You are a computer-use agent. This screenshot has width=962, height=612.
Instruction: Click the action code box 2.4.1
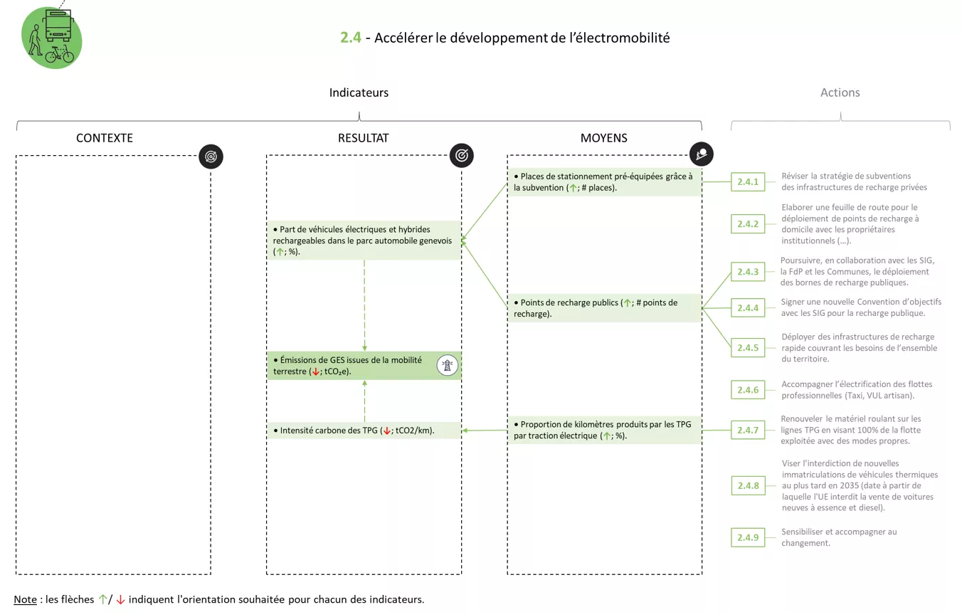point(748,182)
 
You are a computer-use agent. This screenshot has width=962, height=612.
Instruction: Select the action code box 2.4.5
point(748,348)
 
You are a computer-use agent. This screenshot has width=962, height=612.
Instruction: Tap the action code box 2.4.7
point(748,431)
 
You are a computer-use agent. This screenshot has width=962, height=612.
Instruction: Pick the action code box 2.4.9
point(748,537)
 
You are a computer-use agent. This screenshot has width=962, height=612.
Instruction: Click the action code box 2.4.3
point(748,272)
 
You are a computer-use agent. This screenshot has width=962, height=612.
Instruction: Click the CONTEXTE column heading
point(105,138)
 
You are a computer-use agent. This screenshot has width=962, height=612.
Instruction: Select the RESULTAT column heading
point(363,138)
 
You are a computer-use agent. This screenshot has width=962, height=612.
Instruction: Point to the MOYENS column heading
point(603,138)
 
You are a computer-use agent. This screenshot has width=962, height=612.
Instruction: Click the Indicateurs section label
point(359,93)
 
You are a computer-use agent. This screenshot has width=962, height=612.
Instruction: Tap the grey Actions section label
point(840,93)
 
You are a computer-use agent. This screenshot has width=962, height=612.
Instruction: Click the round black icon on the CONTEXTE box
point(211,157)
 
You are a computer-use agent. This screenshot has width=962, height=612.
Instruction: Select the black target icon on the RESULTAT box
point(462,156)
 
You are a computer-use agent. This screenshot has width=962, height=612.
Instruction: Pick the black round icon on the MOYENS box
point(702,154)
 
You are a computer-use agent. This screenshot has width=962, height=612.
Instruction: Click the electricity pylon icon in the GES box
point(448,366)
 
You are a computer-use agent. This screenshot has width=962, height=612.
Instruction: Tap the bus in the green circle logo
point(58,25)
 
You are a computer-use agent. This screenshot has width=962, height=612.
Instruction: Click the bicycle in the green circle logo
point(59,56)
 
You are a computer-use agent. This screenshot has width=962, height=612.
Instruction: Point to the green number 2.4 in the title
point(351,38)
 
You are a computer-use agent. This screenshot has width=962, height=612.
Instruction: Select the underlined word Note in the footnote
point(25,599)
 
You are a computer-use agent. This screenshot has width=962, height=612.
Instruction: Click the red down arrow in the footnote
point(120,599)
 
